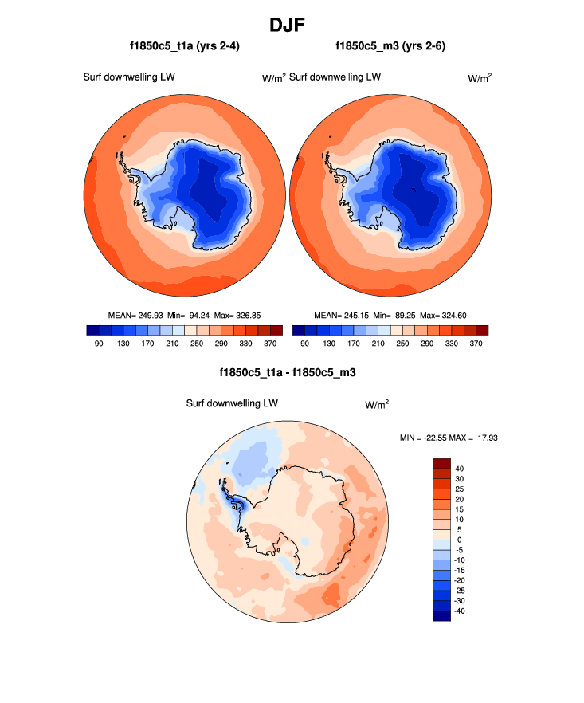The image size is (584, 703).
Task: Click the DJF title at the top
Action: point(292,25)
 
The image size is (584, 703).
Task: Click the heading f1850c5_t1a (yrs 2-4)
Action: point(185,46)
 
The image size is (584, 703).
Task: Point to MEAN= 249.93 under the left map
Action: point(135,315)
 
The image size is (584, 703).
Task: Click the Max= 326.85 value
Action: point(238,315)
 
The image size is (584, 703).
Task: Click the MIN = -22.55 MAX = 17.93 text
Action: point(449,438)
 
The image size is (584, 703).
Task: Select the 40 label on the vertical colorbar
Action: point(460,469)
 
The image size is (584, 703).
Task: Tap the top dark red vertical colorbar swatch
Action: point(442,463)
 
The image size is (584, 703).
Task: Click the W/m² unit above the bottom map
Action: point(377,404)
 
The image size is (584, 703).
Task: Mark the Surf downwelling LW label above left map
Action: point(129,77)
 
